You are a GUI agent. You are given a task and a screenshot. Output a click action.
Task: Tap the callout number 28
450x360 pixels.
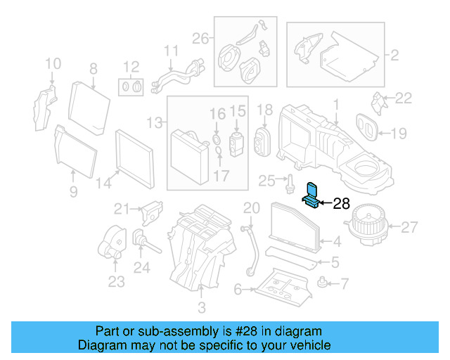341,204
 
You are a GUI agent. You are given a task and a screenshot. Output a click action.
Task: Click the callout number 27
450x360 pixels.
409,226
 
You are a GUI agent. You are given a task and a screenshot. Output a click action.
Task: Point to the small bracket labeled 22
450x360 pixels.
380,103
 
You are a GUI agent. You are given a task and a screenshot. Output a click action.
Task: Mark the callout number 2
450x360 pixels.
394,53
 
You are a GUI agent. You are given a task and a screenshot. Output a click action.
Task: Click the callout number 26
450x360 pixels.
200,38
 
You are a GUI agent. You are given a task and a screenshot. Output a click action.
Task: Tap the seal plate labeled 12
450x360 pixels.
131,88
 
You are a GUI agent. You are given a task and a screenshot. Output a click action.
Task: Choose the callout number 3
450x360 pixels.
202,307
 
